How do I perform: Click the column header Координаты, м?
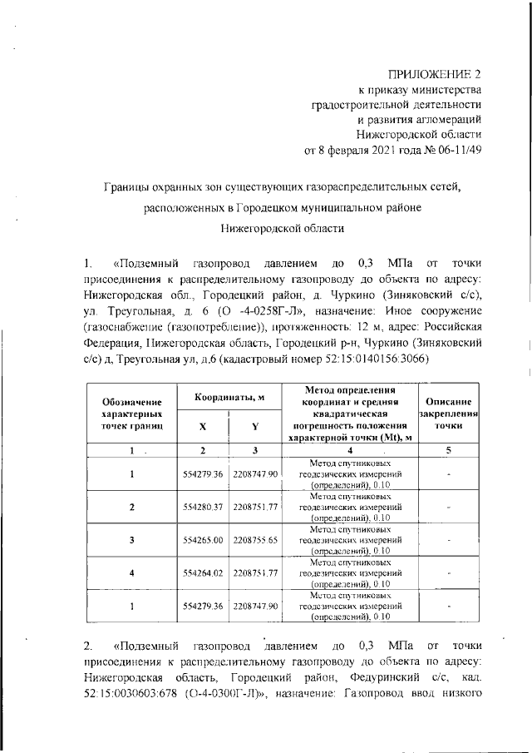click(229, 399)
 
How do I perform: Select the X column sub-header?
click(202, 426)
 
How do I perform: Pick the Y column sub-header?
click(255, 426)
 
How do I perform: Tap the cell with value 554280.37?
click(202, 506)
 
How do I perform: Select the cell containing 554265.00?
click(202, 539)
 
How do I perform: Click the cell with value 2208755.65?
click(255, 539)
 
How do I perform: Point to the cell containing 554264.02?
click(202, 572)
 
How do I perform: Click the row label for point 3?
click(131, 539)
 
